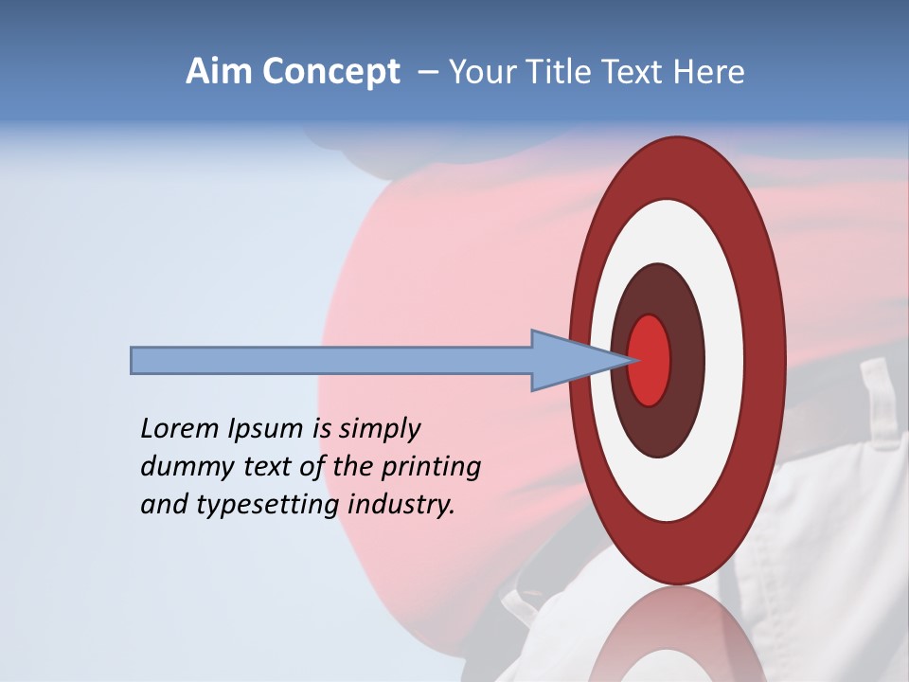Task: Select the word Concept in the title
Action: tap(330, 73)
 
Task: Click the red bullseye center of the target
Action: tap(650, 360)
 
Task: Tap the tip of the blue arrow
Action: tap(630, 360)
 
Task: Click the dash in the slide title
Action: tap(428, 73)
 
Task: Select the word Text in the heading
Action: tap(636, 72)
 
